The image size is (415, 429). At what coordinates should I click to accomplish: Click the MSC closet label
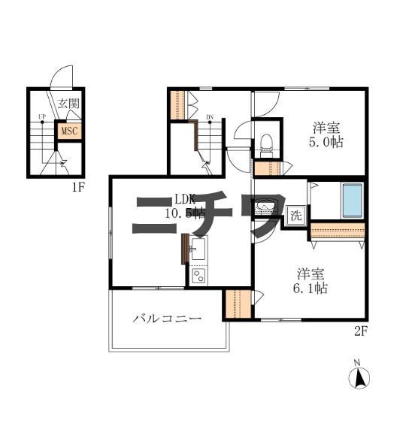(x=69, y=131)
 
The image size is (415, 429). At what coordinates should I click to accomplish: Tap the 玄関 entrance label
(x=68, y=104)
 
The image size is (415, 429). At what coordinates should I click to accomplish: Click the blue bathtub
(x=352, y=198)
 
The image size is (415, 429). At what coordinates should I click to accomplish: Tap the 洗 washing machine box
(x=295, y=216)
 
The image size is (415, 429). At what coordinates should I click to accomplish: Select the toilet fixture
(x=265, y=142)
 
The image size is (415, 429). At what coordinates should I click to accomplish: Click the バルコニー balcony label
(x=167, y=319)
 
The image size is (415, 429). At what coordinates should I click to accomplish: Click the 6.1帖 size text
(x=310, y=287)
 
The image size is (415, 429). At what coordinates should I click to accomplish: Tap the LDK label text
(x=185, y=199)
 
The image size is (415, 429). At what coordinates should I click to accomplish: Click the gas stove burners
(x=198, y=276)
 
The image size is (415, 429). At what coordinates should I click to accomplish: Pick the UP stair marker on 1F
(x=42, y=118)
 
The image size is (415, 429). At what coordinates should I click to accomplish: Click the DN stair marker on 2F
(x=211, y=118)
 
